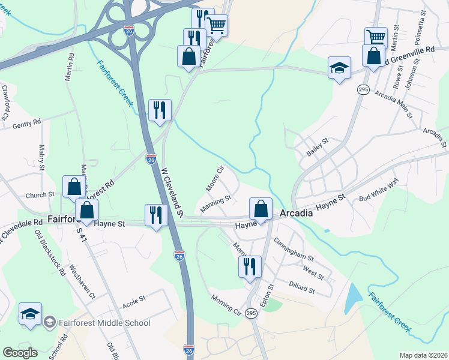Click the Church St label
pyautogui.click(x=40, y=195)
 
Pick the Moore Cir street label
pyautogui.click(x=215, y=179)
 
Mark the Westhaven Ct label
pyautogui.click(x=82, y=281)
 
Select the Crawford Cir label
pyautogui.click(x=7, y=99)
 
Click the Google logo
pyautogui.click(x=20, y=353)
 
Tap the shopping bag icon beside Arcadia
pyautogui.click(x=261, y=209)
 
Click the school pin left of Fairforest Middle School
pyautogui.click(x=31, y=313)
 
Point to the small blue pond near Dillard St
pyautogui.click(x=354, y=298)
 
